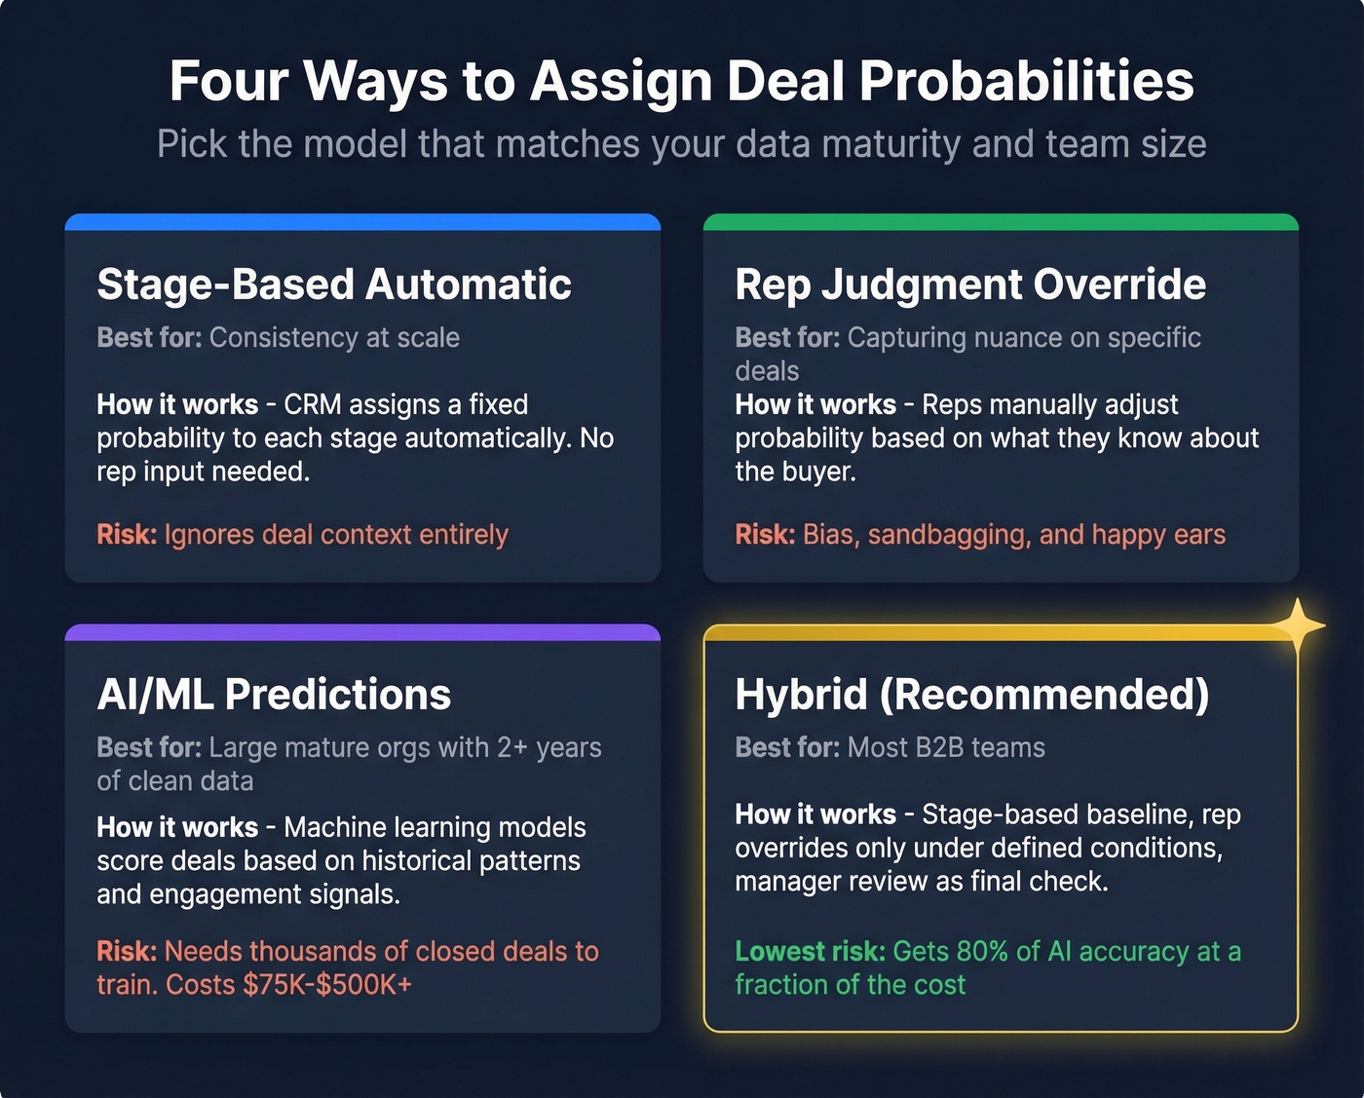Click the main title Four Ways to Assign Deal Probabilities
click(x=681, y=81)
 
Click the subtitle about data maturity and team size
click(x=681, y=144)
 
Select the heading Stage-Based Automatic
click(x=334, y=284)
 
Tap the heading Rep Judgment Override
click(x=970, y=284)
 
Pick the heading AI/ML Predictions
click(x=274, y=695)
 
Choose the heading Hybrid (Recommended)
click(x=971, y=695)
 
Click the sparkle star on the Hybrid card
click(x=1297, y=625)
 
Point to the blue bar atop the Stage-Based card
click(x=362, y=222)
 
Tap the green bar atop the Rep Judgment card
click(x=1001, y=222)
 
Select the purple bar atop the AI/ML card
click(x=362, y=632)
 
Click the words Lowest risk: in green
click(x=810, y=952)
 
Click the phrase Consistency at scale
click(x=334, y=338)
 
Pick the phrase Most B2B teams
click(x=946, y=748)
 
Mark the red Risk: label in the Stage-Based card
click(x=127, y=535)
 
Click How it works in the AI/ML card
click(x=177, y=828)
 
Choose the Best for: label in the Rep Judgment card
click(x=787, y=338)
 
